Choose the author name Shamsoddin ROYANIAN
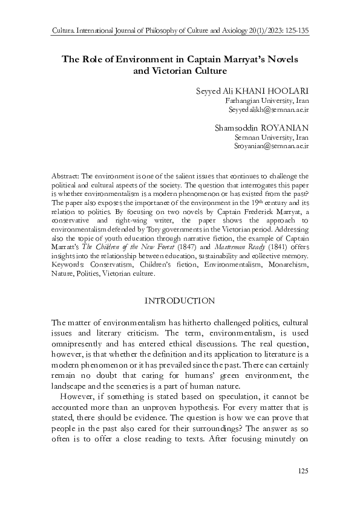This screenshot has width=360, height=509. pyautogui.click(x=262, y=128)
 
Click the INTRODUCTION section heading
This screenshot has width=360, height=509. pyautogui.click(x=180, y=300)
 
